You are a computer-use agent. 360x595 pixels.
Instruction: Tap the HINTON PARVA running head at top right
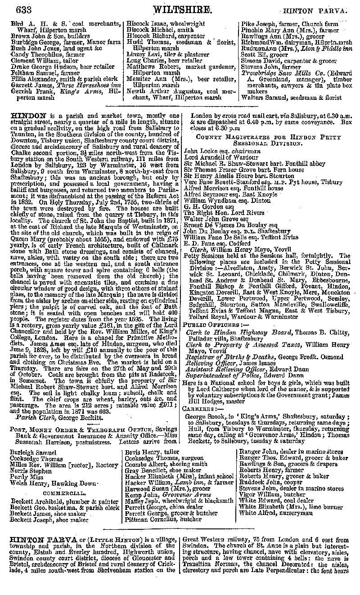tap(319, 10)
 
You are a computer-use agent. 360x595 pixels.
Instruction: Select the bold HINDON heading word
tap(27, 116)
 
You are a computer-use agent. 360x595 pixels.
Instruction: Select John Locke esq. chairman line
tap(222, 151)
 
